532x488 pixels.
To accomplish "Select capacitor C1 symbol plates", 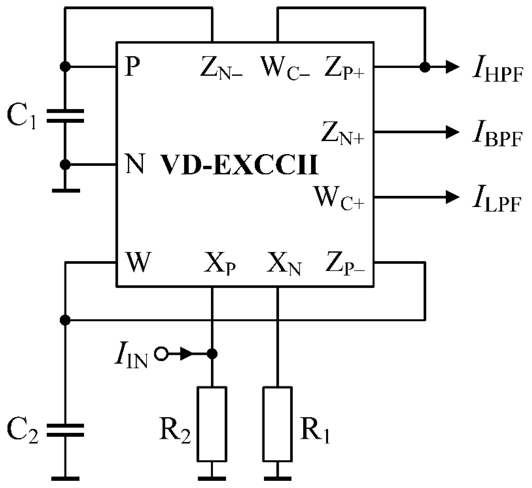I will [x=65, y=116].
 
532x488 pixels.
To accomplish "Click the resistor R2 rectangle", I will [x=212, y=424].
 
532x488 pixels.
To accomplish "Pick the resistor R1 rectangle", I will [x=277, y=424].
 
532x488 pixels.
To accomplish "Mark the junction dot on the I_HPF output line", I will [x=425, y=67].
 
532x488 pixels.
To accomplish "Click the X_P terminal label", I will [x=219, y=265].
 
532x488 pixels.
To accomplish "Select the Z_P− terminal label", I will [x=344, y=264].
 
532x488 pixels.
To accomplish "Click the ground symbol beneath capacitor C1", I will [x=65, y=190].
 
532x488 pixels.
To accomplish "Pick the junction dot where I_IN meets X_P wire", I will [x=212, y=354].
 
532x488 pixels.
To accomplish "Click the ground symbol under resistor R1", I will [x=277, y=478].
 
